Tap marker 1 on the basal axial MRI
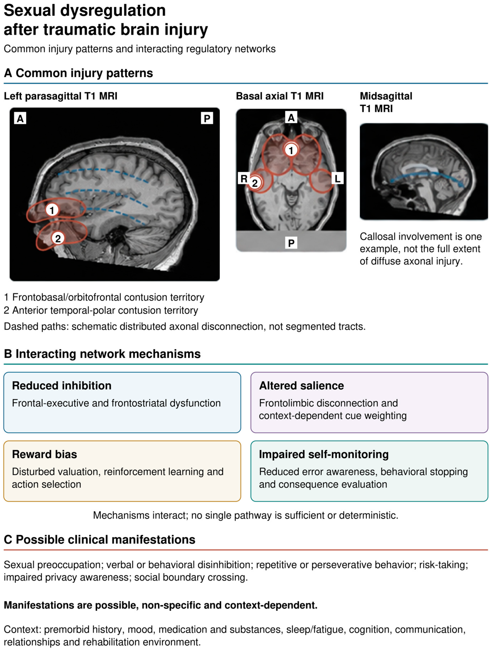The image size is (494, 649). pos(291,150)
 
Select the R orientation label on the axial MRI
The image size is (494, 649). pos(244,178)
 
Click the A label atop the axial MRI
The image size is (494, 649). pos(291,118)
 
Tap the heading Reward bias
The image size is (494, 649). pos(44,454)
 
